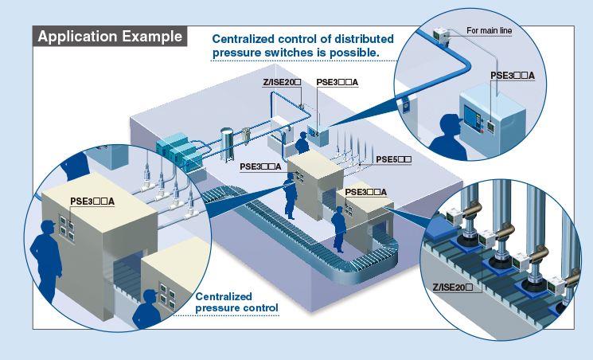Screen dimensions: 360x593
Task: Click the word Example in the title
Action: [x=150, y=37]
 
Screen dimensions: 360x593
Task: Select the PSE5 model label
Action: [x=393, y=159]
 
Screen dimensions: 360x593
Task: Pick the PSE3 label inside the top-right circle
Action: [x=512, y=76]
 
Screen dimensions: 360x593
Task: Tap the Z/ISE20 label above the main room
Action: [x=283, y=81]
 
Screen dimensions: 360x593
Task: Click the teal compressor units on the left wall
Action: [x=176, y=151]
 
